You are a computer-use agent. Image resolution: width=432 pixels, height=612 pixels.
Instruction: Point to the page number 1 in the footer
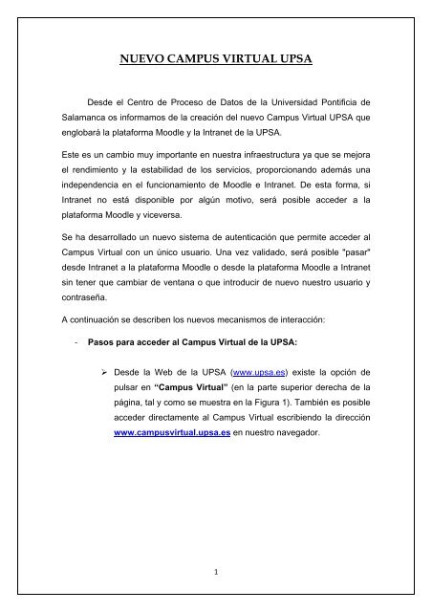[x=215, y=575]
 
